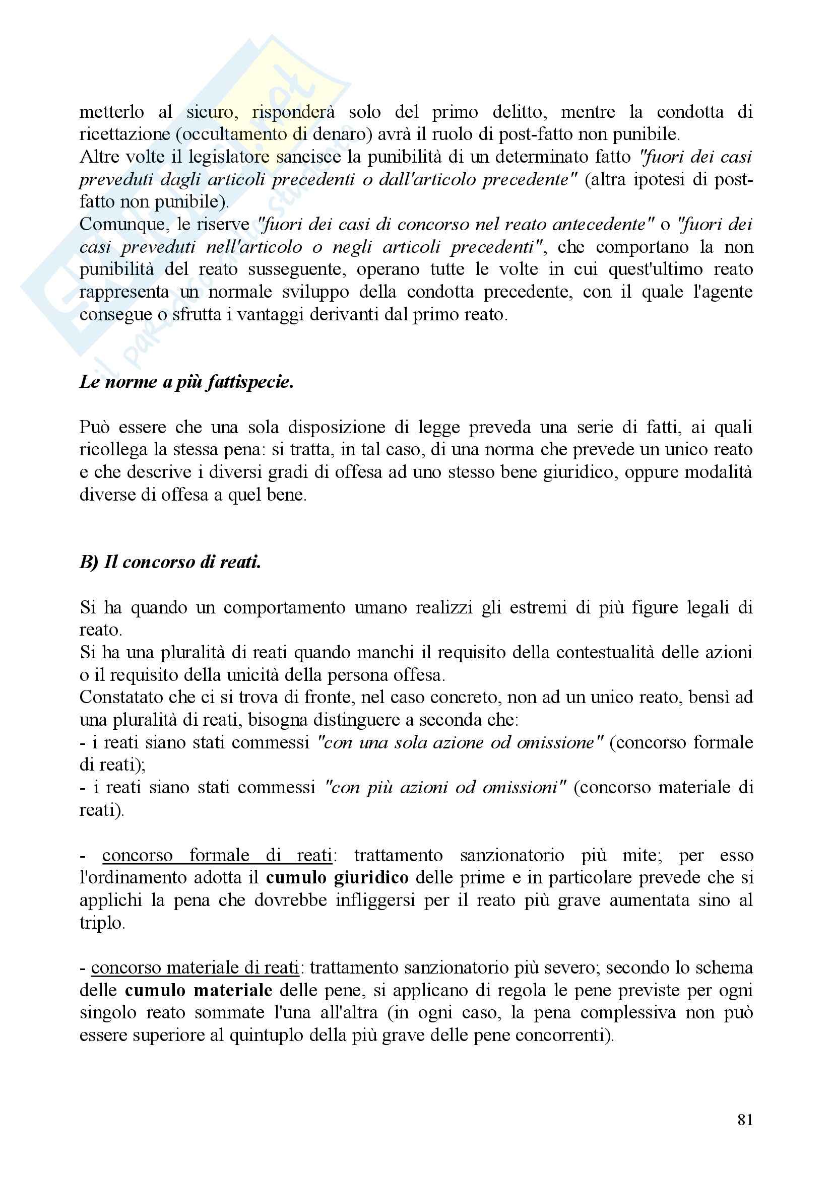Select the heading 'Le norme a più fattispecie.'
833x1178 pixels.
pos(186,382)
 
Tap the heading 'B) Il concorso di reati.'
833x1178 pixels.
pos(170,563)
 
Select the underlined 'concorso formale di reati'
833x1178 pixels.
pos(217,855)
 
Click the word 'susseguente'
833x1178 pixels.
pos(298,269)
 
